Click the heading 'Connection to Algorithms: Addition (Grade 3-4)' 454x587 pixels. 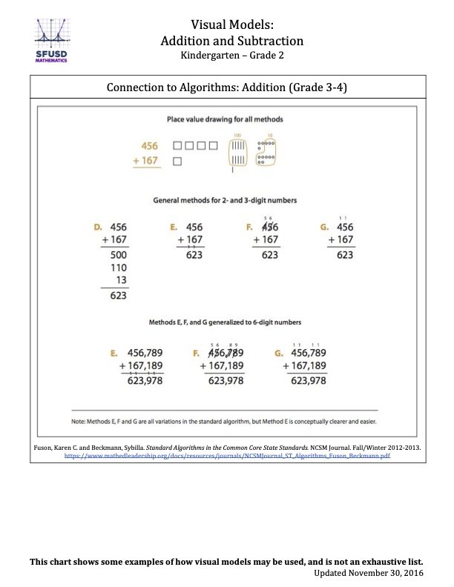227,87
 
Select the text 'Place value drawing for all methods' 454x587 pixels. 225,119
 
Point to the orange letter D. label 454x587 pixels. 97,227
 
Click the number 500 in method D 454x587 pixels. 118,255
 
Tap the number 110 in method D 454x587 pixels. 118,268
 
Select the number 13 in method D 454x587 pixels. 120,280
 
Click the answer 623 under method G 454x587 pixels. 345,255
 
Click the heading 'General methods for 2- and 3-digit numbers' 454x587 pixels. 225,200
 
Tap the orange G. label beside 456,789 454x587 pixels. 279,353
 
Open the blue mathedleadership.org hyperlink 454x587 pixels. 227,457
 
